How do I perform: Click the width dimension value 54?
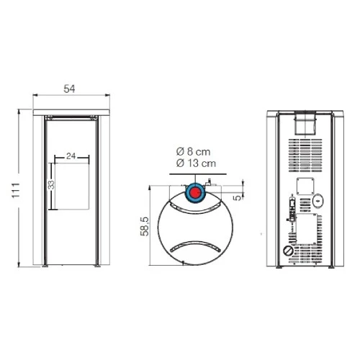[x=70, y=89]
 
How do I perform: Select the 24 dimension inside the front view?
[x=71, y=155]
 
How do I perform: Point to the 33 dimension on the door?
[x=50, y=185]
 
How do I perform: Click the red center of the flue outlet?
[x=195, y=193]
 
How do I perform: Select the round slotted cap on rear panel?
[x=289, y=251]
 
